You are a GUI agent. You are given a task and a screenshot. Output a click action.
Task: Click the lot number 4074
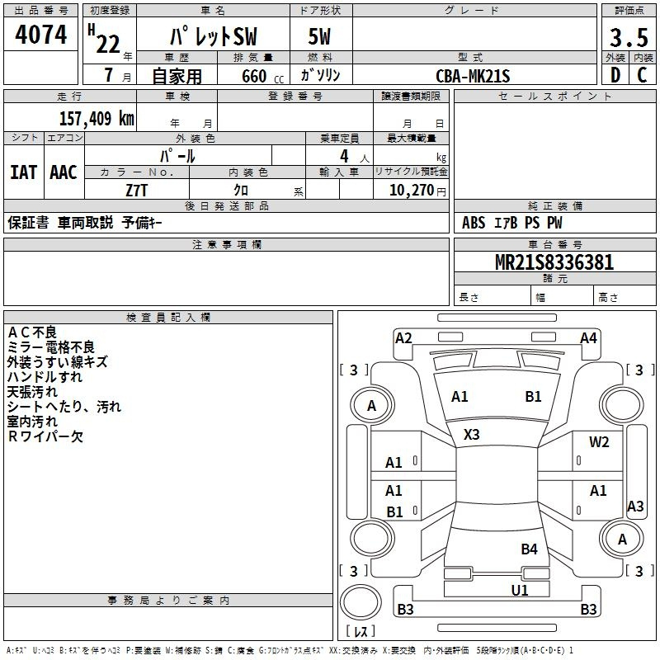[x=41, y=36]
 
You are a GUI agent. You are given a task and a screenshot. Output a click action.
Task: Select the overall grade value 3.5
[x=628, y=38]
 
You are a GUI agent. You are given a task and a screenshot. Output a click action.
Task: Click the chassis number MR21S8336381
[x=554, y=262]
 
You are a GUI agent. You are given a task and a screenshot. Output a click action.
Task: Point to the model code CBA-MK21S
[x=474, y=76]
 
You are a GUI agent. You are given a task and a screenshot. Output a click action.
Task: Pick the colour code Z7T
[x=137, y=189]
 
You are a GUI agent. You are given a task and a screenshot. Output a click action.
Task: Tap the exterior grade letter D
[x=615, y=75]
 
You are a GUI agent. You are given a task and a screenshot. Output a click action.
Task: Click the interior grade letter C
[x=642, y=75]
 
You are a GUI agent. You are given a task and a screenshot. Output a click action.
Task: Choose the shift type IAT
[x=23, y=172]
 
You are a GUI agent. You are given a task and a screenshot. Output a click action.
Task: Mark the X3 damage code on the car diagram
[x=471, y=434]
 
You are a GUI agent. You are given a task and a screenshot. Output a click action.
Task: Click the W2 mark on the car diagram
[x=599, y=442]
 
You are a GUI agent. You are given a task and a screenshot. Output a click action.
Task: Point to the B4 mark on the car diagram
[x=529, y=549]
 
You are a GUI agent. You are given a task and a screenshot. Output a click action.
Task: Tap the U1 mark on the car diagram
[x=519, y=590]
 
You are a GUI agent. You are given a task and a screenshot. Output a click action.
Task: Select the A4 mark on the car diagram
[x=587, y=337]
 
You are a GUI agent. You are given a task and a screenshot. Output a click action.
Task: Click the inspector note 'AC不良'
[x=32, y=332]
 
